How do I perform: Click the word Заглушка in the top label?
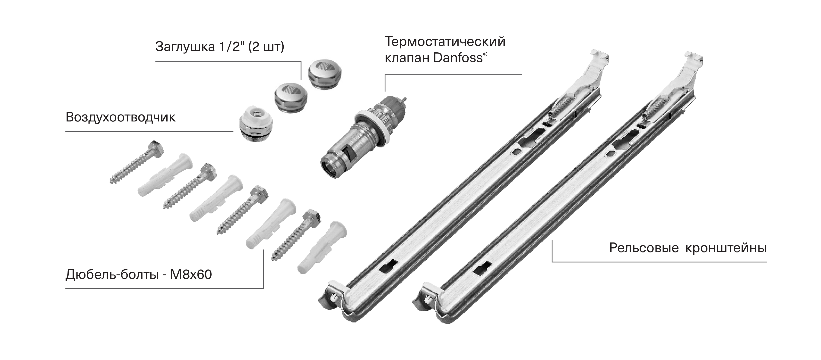coord(185,47)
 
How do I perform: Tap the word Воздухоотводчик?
coord(120,117)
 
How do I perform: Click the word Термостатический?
coord(445,42)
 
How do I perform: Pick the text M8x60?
coord(191,274)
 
